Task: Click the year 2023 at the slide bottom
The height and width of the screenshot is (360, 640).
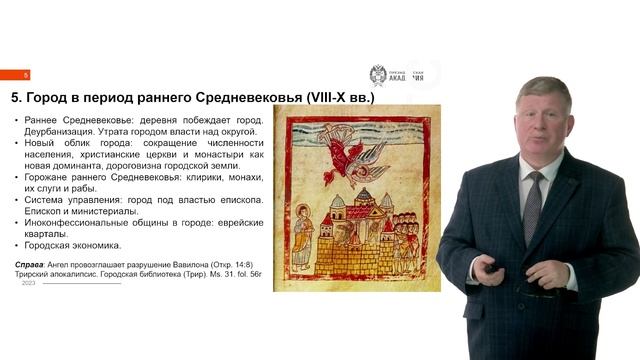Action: [x=29, y=283]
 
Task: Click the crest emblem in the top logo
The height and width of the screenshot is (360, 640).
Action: [x=378, y=75]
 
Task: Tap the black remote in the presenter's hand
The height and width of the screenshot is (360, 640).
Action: [x=493, y=267]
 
